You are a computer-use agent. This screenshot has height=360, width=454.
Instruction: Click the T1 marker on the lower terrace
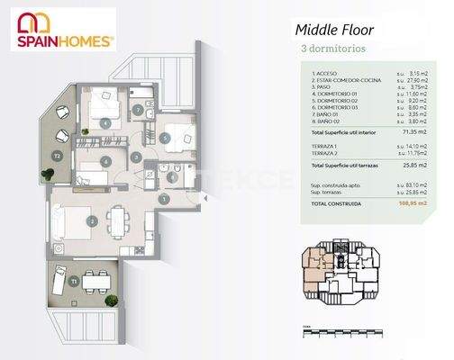click(x=74, y=281)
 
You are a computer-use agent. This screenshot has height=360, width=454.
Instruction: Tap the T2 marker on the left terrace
click(x=57, y=156)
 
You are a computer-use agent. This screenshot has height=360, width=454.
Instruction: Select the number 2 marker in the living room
click(x=92, y=220)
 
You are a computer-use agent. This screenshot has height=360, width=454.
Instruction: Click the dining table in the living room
click(x=117, y=219)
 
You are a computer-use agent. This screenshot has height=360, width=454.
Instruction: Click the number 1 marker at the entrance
click(x=168, y=199)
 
